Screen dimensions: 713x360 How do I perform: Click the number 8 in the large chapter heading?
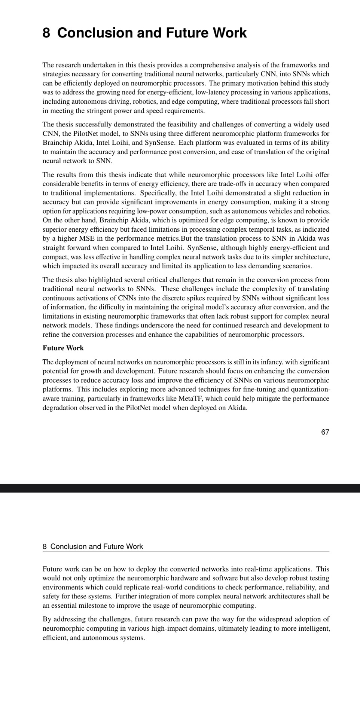pyautogui.click(x=46, y=33)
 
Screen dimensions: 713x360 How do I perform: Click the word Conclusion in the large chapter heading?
pyautogui.click(x=95, y=33)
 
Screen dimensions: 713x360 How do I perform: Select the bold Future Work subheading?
pyautogui.click(x=63, y=348)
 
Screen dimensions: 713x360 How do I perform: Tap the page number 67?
pyautogui.click(x=325, y=432)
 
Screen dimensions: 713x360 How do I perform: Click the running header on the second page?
pyautogui.click(x=93, y=546)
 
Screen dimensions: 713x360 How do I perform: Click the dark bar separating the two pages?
pyautogui.click(x=180, y=488)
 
